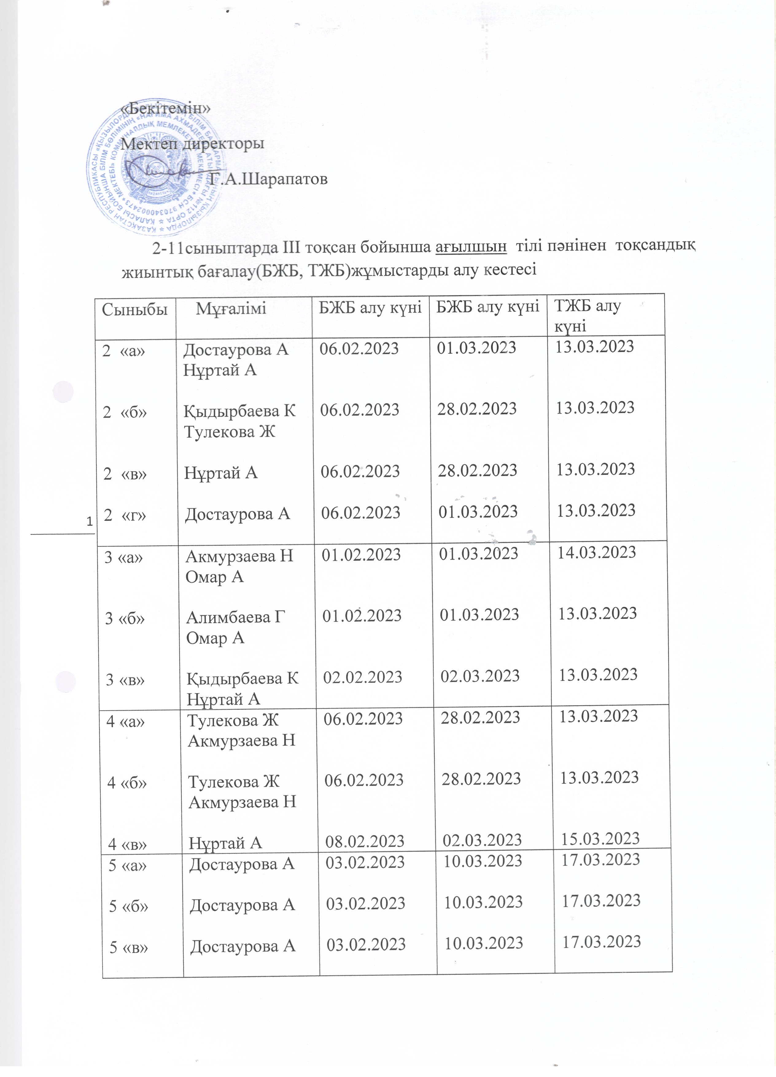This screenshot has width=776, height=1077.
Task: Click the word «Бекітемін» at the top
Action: coord(166,108)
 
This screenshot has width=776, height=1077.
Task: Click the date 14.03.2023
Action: coord(597,552)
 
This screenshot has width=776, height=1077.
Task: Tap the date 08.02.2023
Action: coord(364,841)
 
